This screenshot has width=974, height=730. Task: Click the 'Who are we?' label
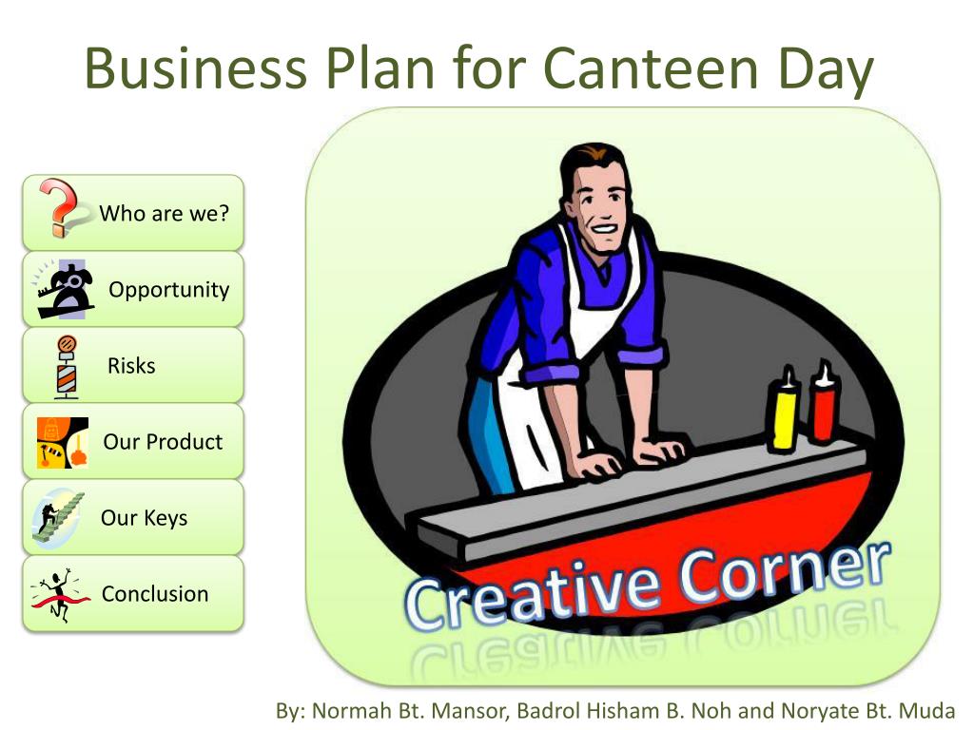165,213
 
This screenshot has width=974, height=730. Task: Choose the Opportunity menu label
169,290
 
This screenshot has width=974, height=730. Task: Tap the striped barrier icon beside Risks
67,366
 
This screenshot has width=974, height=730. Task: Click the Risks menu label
131,366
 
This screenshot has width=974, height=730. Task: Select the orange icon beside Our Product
63,442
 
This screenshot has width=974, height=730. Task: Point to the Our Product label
163,442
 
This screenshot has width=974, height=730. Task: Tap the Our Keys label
144,518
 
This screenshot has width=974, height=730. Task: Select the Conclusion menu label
155,594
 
